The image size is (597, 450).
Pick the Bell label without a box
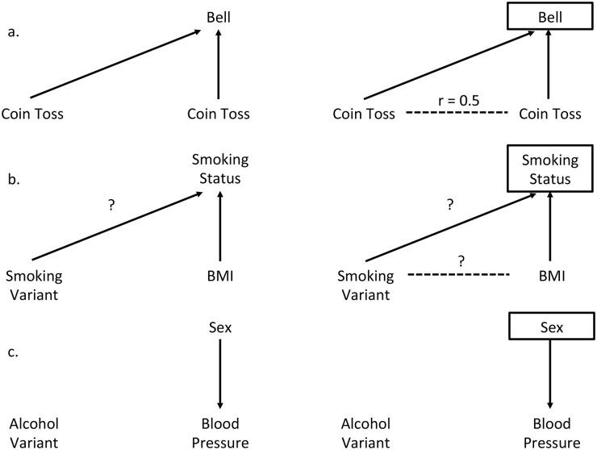point(218,16)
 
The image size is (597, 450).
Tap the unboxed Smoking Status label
point(218,170)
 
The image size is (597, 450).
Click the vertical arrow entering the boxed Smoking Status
point(549,229)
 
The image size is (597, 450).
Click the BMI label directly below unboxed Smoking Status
point(218,276)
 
